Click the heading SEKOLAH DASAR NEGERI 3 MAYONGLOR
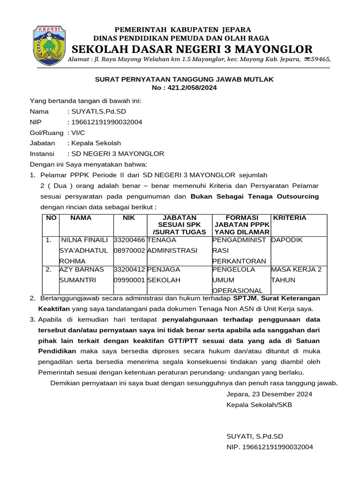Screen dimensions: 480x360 click(x=192, y=49)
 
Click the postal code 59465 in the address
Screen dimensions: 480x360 click(x=321, y=59)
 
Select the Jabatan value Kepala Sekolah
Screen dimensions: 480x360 click(x=96, y=143)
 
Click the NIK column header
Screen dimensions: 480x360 click(x=129, y=218)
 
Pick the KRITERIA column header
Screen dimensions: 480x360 click(x=290, y=218)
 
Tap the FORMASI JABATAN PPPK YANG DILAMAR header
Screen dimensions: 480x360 click(x=242, y=225)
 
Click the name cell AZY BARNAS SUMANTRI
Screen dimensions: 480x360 click(x=83, y=275)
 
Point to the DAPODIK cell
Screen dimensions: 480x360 click(x=287, y=240)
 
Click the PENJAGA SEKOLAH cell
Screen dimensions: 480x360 click(x=165, y=275)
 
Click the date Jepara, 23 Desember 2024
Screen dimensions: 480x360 click(x=269, y=394)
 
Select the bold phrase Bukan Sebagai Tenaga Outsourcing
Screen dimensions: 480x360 click(x=255, y=196)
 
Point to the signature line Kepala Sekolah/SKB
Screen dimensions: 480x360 click(x=259, y=405)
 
